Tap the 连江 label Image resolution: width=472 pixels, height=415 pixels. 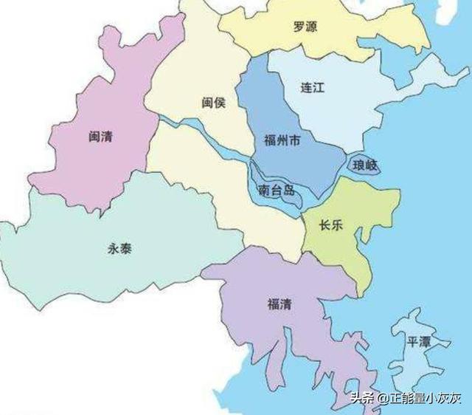pos(313,87)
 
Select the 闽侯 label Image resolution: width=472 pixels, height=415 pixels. pos(213,103)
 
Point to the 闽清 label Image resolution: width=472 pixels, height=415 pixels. pos(100,137)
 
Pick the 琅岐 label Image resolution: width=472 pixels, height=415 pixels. pos(365,165)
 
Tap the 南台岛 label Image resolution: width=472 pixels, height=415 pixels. pos(277,191)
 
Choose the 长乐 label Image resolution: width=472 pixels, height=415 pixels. pos(331,226)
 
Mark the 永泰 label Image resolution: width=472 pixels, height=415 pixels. pos(120,248)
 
